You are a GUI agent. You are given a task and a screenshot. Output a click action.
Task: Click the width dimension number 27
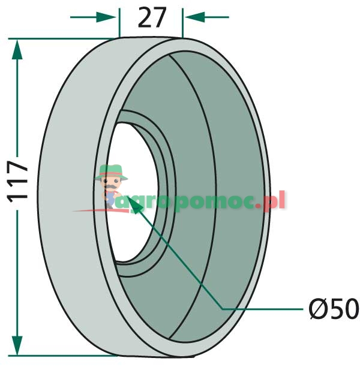pyautogui.click(x=152, y=17)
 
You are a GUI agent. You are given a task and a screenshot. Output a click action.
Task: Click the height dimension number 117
pyautogui.click(x=17, y=182)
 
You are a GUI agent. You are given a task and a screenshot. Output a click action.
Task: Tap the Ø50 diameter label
pyautogui.click(x=334, y=309)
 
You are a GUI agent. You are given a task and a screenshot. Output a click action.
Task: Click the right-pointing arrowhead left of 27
pyautogui.click(x=106, y=17)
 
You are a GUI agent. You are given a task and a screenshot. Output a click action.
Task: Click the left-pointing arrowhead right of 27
pyautogui.click(x=195, y=17)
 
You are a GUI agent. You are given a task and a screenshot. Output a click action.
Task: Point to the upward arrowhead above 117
pyautogui.click(x=17, y=50)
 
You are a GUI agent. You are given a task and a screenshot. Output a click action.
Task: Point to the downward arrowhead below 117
pyautogui.click(x=17, y=345)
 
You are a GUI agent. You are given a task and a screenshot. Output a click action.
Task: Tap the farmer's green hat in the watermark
pyautogui.click(x=111, y=172)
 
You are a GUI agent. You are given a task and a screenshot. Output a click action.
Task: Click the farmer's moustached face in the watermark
pyautogui.click(x=111, y=185)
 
